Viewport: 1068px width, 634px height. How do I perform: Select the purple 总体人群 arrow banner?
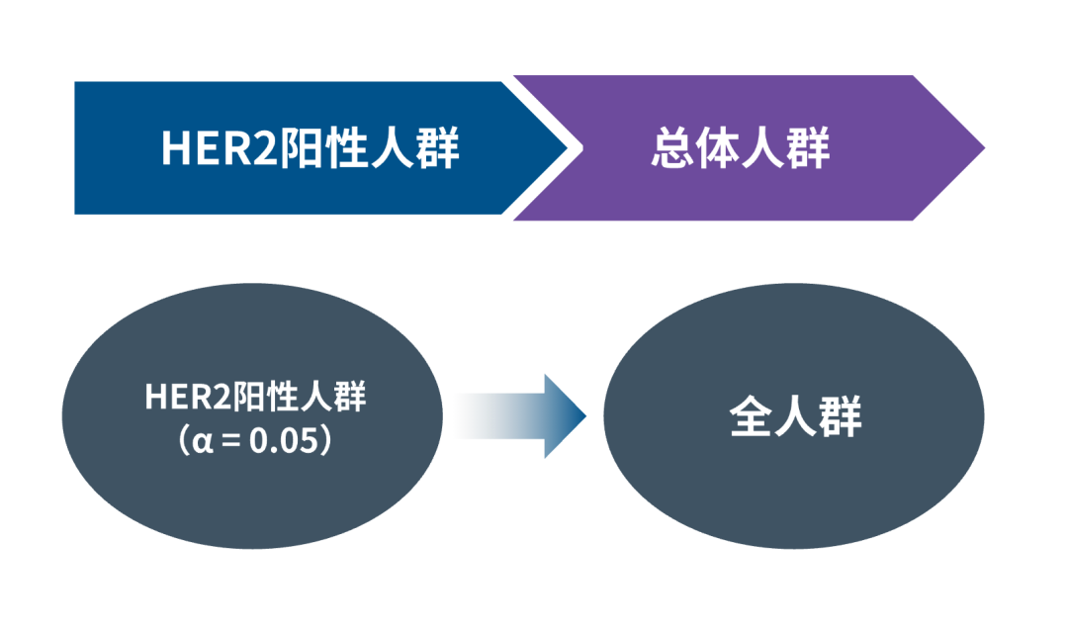(752, 148)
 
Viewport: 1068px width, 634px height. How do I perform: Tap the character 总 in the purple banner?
(673, 149)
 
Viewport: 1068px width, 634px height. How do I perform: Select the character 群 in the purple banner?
(808, 149)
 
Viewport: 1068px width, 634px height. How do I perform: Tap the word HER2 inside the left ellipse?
(187, 399)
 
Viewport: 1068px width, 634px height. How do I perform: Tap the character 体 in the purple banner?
(719, 149)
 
